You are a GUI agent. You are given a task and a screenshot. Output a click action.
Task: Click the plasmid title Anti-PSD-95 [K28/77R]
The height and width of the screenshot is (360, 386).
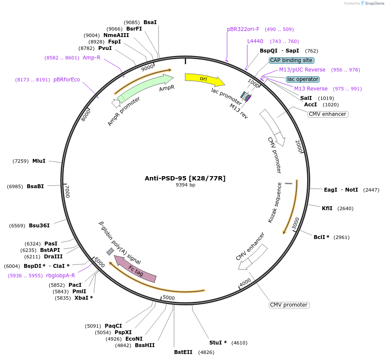[x=185, y=178]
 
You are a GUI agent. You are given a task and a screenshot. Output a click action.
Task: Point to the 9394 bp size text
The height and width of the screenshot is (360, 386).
[x=185, y=185]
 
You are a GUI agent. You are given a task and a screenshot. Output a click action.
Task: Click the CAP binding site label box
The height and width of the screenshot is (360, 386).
[x=292, y=60]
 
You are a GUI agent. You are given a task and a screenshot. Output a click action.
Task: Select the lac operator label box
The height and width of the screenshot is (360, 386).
[x=303, y=79]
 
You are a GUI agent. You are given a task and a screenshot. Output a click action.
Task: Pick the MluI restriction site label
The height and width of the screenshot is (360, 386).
[x=39, y=161]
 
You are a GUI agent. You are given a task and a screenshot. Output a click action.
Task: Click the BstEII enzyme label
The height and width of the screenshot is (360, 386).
[x=183, y=352]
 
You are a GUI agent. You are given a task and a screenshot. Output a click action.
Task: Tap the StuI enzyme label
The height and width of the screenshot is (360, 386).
[x=218, y=343]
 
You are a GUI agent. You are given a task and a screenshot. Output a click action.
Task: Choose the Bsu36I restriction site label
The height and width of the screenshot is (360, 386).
[x=39, y=225]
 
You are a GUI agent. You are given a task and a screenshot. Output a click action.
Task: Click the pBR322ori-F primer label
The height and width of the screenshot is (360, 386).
[x=243, y=29]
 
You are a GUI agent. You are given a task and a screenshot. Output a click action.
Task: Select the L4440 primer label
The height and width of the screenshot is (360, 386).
[x=255, y=41]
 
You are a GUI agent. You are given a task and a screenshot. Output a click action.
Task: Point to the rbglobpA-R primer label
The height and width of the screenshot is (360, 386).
[x=60, y=276]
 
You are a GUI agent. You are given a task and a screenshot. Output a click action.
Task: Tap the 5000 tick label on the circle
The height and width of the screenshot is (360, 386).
[x=168, y=298]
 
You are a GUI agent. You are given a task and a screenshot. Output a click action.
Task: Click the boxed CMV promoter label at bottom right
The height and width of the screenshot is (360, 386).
[x=289, y=305]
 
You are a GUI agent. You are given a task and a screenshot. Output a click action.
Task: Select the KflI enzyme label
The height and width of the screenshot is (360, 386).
[x=327, y=208]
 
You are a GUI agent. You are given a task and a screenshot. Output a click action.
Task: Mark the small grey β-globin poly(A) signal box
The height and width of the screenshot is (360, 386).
[x=110, y=251]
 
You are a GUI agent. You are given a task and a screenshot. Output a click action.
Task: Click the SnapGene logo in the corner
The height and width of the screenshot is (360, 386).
[x=372, y=3]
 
